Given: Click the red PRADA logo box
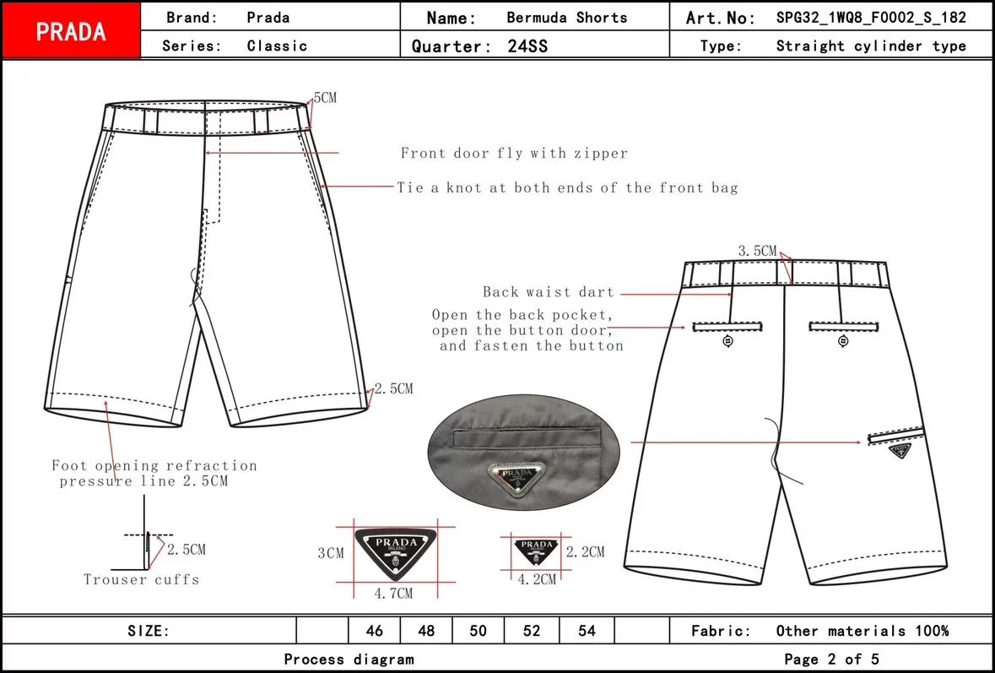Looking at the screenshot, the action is [x=71, y=31].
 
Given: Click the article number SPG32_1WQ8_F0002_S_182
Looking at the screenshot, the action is [x=871, y=18].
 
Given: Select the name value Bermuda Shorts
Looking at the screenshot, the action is [x=566, y=18].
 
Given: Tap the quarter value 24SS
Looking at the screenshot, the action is [x=527, y=46].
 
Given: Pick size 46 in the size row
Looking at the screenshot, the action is [x=375, y=631].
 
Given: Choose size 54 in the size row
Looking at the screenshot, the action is [x=587, y=631].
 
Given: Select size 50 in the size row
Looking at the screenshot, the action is [x=479, y=631].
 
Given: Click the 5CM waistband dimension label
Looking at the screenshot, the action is [x=325, y=98].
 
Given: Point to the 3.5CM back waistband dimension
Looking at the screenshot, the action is [x=757, y=251].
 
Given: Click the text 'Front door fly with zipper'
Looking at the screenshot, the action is [x=514, y=154].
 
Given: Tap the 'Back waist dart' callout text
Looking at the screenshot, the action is [x=548, y=292].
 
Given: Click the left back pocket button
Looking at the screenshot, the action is [x=728, y=341].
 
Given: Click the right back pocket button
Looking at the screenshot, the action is [x=843, y=341].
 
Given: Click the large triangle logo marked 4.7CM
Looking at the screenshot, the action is [x=396, y=551].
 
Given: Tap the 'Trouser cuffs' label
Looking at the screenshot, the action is [x=142, y=579].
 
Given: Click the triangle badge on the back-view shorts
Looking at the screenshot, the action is [x=901, y=451].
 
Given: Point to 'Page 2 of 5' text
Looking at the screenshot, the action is [x=831, y=659].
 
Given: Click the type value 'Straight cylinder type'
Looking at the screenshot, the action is [x=871, y=46].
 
